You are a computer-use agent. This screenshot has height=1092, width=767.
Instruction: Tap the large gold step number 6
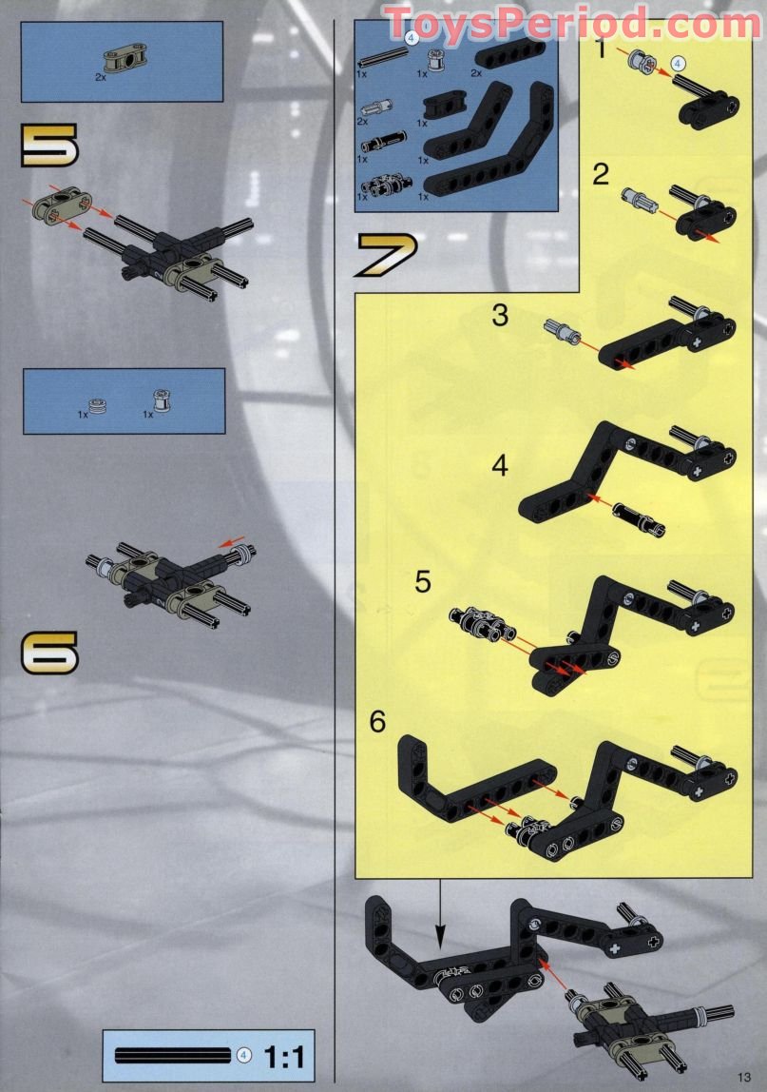pos(49,653)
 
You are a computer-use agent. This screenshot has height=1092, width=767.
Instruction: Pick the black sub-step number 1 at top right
pos(601,49)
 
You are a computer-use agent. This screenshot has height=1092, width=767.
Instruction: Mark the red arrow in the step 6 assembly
pos(231,539)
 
